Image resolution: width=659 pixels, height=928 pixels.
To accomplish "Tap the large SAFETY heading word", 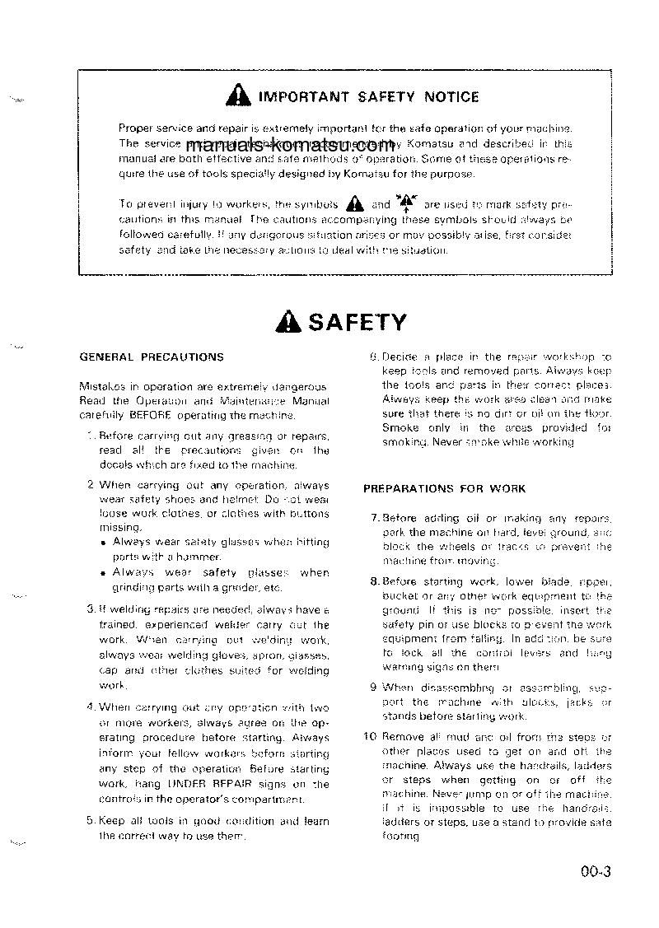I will tap(357, 323).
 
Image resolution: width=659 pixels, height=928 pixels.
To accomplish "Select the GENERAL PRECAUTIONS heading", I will tap(151, 357).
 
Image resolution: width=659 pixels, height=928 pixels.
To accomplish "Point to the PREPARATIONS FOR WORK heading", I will tap(444, 488).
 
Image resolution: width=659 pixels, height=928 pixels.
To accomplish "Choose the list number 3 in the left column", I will tap(91, 609).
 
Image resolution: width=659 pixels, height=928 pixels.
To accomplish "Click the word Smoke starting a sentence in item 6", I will tap(401, 428).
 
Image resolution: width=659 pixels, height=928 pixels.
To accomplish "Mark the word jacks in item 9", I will tap(582, 702).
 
